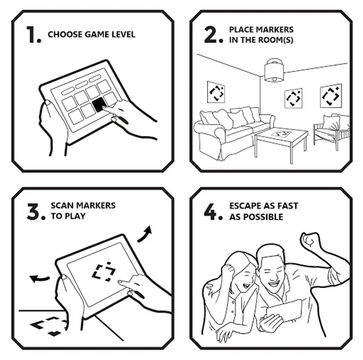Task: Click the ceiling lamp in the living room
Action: (x=274, y=70)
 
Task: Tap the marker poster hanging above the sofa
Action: (x=216, y=92)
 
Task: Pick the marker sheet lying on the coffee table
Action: (x=281, y=134)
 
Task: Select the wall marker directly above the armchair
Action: (x=331, y=96)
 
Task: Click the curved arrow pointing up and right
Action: (x=145, y=234)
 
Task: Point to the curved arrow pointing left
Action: (x=39, y=278)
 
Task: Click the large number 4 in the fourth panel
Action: (x=210, y=212)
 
